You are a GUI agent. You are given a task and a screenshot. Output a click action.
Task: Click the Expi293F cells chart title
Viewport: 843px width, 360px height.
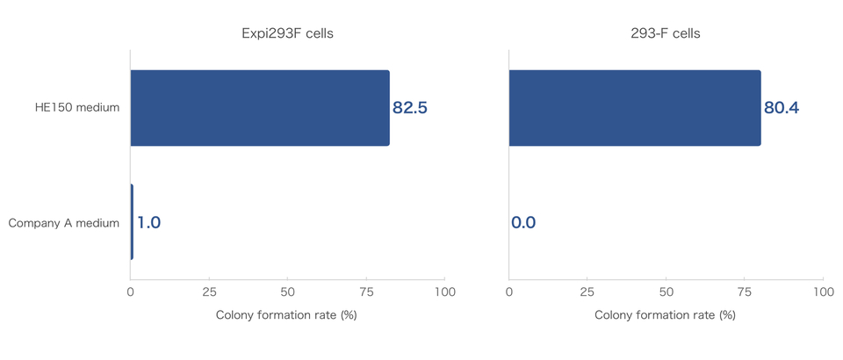tap(287, 33)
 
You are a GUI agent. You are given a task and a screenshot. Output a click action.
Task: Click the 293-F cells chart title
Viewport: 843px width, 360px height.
tap(666, 33)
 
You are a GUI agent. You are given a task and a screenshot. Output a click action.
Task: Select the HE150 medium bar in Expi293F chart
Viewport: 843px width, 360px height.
tap(260, 108)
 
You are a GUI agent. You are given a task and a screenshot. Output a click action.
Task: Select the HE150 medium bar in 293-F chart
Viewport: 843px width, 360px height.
tap(635, 108)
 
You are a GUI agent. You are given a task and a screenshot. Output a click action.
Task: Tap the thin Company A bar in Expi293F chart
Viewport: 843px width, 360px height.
tap(132, 222)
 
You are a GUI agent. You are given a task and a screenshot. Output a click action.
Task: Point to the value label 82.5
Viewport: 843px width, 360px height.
tap(410, 109)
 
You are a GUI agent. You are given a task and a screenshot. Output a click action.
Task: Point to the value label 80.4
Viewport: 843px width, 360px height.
tap(782, 109)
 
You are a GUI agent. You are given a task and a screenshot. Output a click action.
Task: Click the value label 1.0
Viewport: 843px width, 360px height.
tap(149, 223)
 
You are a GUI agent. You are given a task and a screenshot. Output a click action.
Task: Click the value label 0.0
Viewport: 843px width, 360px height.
tap(523, 223)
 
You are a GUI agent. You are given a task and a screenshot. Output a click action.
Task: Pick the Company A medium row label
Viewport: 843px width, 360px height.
tap(64, 223)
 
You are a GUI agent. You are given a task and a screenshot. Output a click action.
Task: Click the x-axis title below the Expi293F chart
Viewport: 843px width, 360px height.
tap(286, 314)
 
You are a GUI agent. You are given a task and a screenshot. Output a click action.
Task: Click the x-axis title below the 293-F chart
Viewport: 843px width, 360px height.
tap(665, 314)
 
